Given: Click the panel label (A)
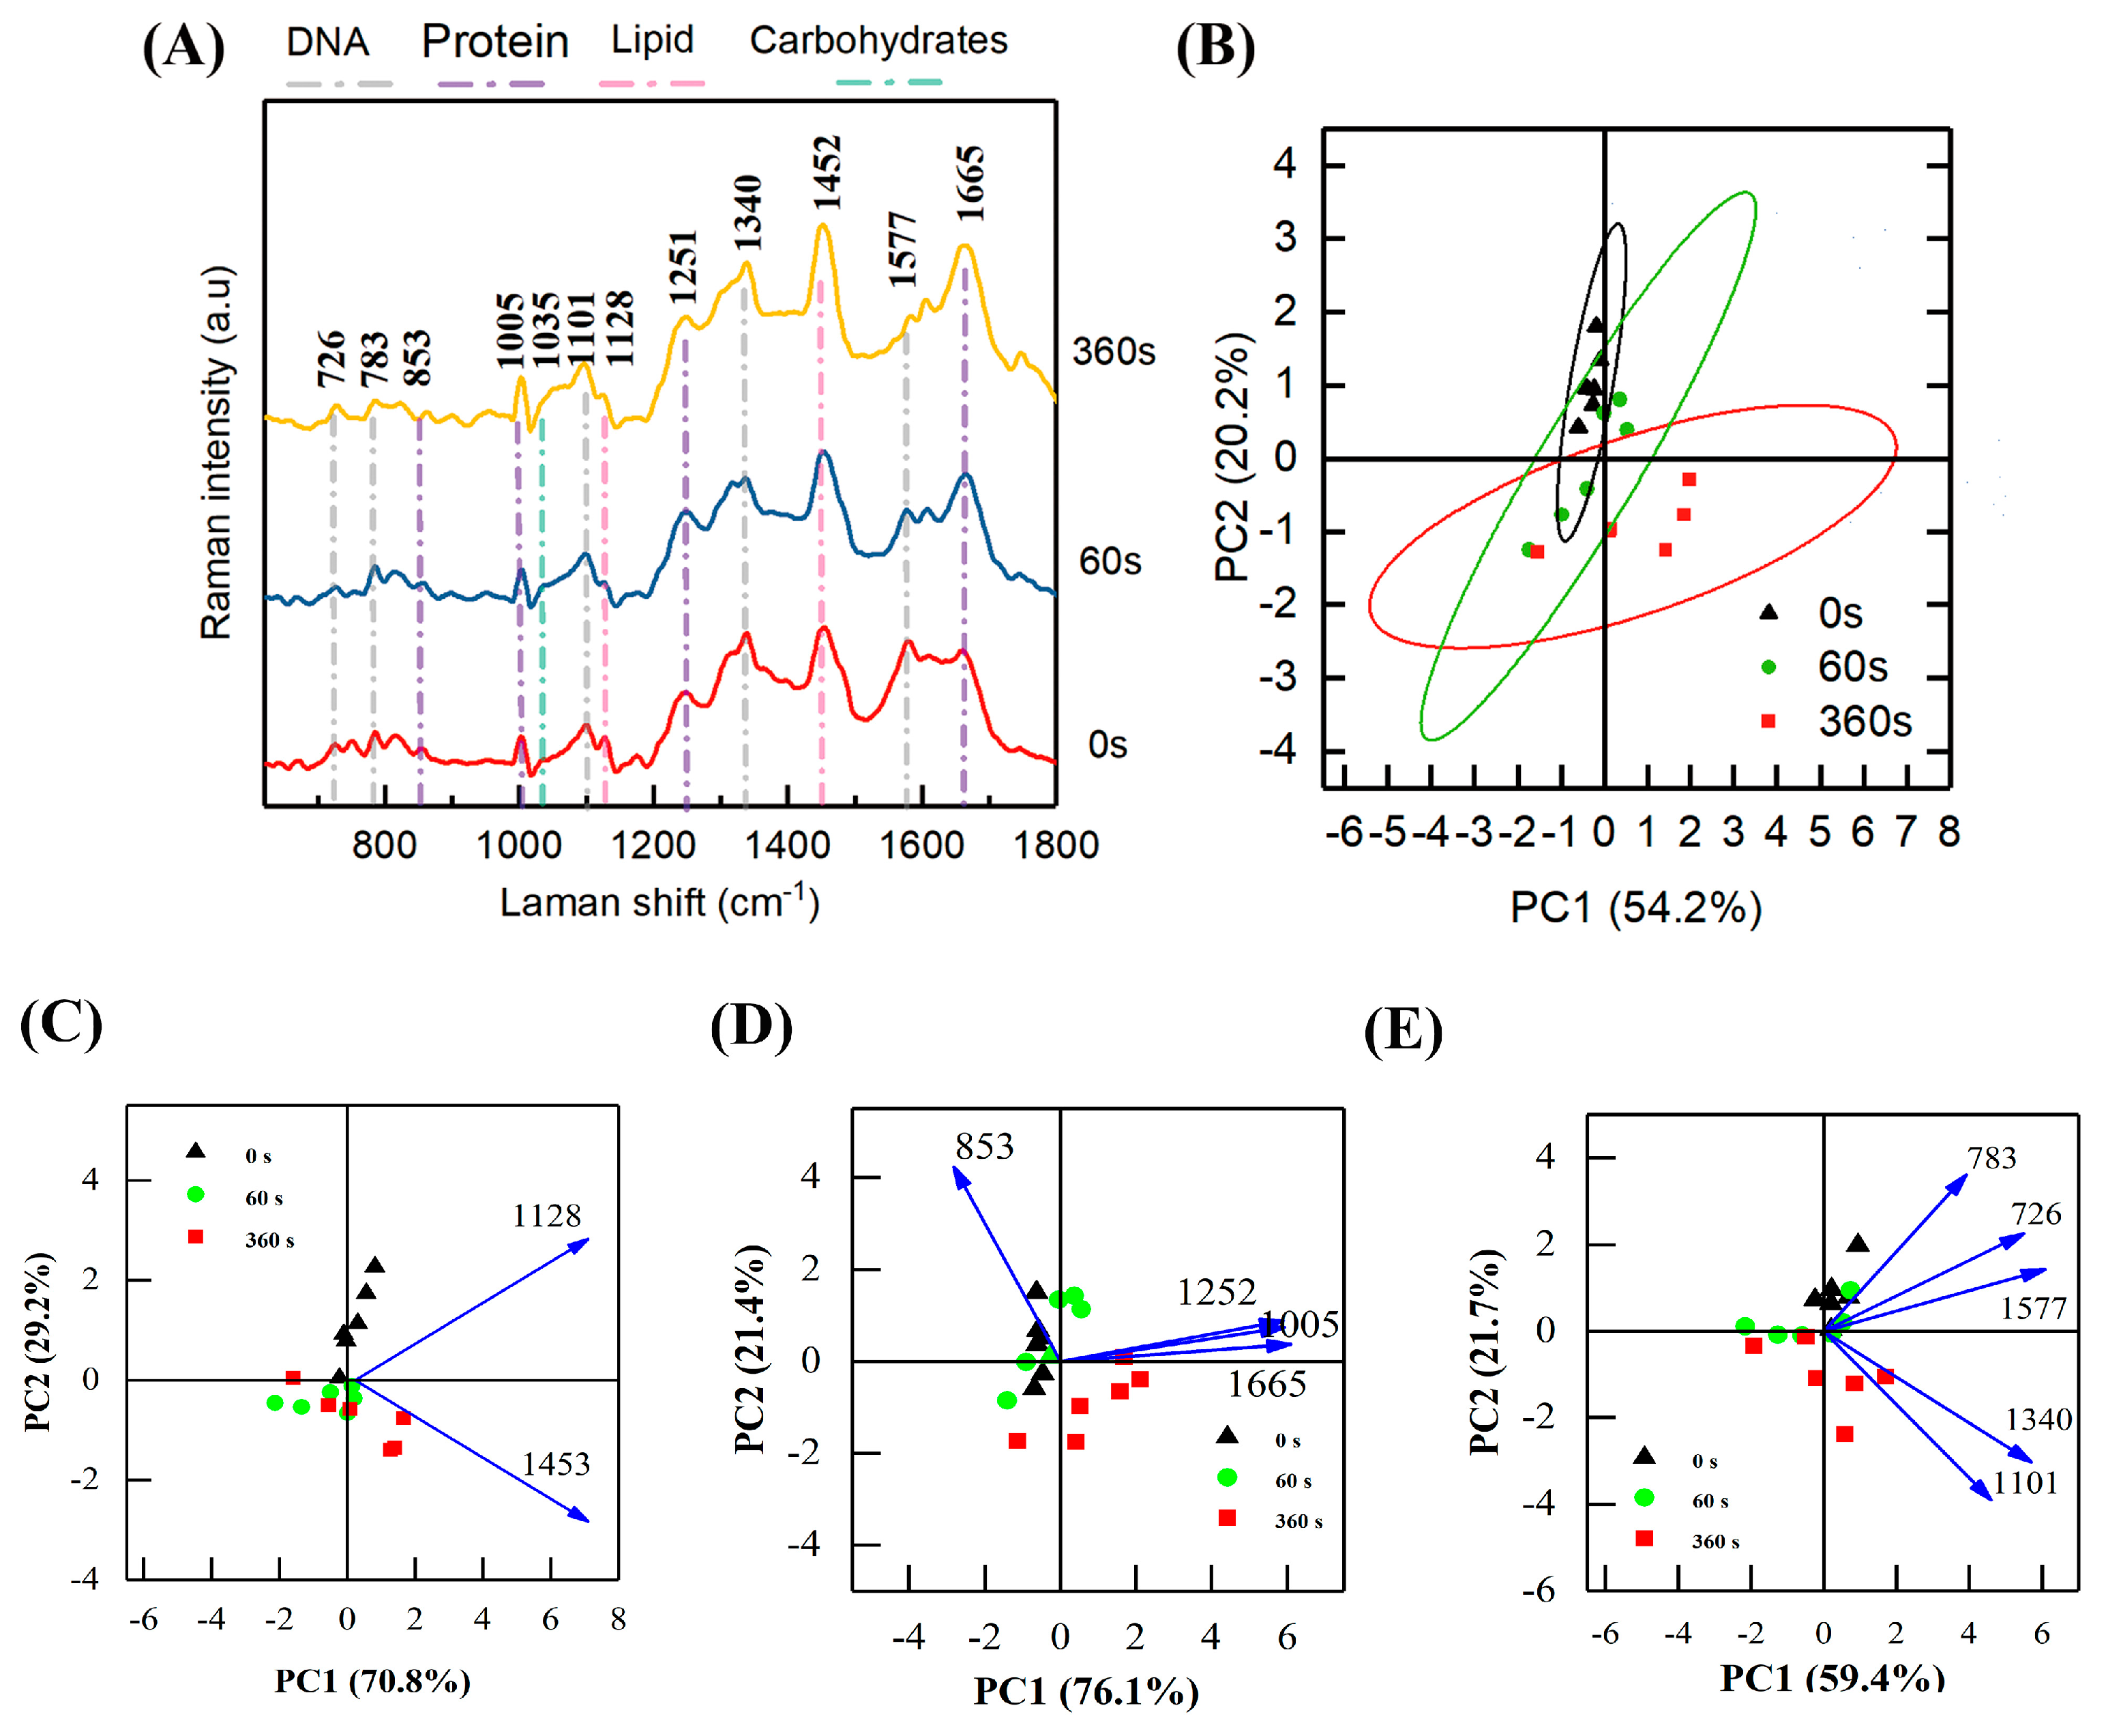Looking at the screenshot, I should coord(183,46).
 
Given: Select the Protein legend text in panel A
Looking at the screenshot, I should coord(494,42).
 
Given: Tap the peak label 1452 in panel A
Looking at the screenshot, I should coord(826,173).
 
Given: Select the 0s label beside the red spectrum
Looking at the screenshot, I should coord(1107,744).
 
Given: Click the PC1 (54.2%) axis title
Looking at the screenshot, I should coord(1635,907).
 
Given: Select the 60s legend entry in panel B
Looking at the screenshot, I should coord(1851,667).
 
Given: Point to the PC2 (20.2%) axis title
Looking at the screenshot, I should coord(1232,456).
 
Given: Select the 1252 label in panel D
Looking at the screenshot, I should coord(1216,1292).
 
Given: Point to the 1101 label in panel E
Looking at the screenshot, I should coord(2025,1484).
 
